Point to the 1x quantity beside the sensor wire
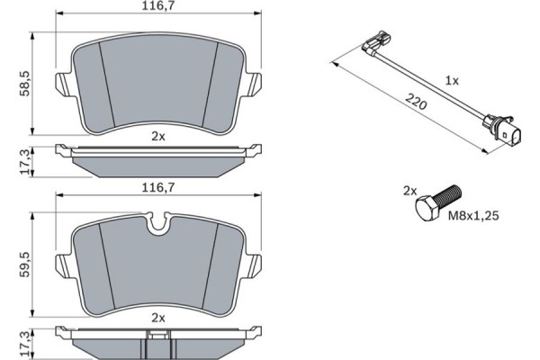452,80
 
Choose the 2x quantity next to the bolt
410,191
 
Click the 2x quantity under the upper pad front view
158,136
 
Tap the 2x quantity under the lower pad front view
158,318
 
